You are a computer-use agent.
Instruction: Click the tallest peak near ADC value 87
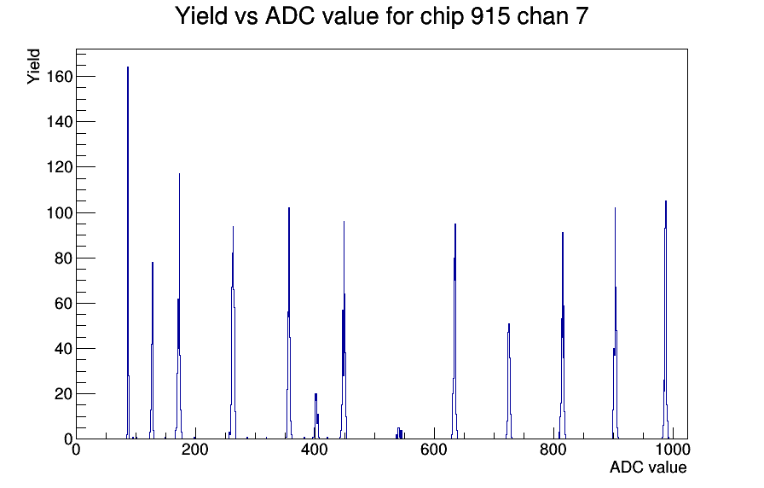tap(128, 253)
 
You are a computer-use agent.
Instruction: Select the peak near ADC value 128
tap(152, 351)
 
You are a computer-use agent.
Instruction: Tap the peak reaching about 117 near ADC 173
tap(179, 307)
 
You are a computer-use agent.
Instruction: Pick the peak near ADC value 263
tap(233, 332)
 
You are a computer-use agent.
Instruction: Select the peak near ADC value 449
tap(344, 332)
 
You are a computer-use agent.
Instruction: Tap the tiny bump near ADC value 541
tap(399, 433)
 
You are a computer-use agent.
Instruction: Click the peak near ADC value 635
tap(455, 332)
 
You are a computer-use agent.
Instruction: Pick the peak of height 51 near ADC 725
tap(509, 381)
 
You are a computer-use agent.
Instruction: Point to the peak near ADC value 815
tap(563, 336)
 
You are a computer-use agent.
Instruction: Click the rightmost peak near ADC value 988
tap(666, 319)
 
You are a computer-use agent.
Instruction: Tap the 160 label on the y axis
tap(60, 77)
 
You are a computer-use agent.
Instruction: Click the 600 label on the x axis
tap(434, 450)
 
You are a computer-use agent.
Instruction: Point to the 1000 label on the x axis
tap(672, 450)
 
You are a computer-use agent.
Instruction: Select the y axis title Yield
tap(33, 67)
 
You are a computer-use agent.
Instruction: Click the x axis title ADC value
tap(648, 468)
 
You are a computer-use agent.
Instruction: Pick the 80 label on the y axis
tap(63, 258)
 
